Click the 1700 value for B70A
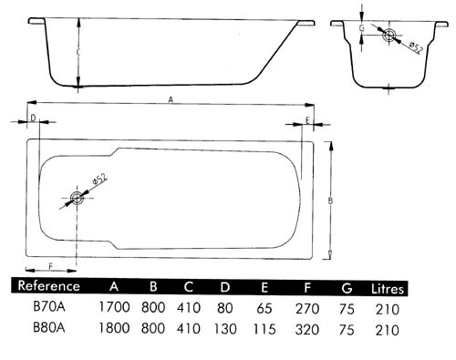(114, 308)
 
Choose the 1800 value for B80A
(114, 327)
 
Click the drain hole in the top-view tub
(77, 197)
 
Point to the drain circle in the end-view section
(389, 36)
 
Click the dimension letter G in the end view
(363, 28)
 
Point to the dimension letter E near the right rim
(307, 120)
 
